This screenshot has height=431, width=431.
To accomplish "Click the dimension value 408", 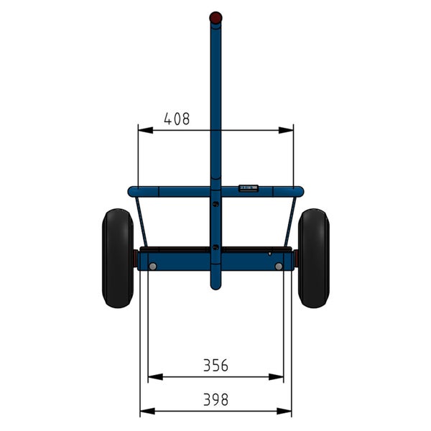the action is (177, 119).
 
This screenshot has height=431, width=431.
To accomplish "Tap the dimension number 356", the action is (215, 366).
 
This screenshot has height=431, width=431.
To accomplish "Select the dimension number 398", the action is (215, 399).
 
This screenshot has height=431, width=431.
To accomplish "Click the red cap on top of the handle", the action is (215, 17).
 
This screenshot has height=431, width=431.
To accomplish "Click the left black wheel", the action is (118, 258).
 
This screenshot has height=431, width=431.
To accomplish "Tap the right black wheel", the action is (314, 258).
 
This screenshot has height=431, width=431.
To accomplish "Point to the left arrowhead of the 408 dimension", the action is (145, 130).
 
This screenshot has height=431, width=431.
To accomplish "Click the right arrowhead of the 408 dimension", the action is (286, 130).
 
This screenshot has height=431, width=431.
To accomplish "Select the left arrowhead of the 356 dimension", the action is (155, 377).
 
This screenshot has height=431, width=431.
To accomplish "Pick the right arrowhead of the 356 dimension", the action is (276, 377).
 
